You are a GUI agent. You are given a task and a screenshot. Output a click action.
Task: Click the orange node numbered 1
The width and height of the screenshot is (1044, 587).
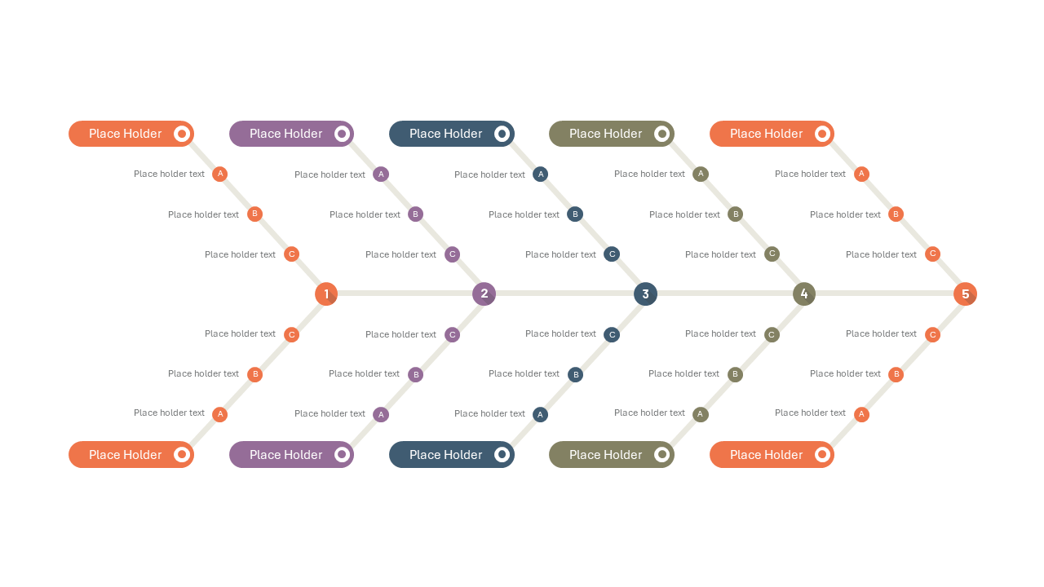[326, 294]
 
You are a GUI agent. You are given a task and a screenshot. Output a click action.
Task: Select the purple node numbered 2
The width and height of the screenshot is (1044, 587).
[484, 294]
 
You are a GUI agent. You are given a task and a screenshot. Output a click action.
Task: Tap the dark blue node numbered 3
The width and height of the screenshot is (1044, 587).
[645, 294]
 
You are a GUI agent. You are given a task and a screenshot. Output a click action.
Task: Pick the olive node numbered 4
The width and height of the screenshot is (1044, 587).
[804, 294]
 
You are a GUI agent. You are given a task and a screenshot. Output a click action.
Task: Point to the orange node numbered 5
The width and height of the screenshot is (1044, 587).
[965, 294]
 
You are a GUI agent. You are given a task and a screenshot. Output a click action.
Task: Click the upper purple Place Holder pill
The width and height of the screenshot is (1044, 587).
[292, 134]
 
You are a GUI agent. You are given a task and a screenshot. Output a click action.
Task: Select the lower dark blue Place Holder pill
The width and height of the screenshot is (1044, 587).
[452, 455]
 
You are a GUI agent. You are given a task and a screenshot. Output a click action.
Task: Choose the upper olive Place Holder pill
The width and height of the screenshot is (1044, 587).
[612, 134]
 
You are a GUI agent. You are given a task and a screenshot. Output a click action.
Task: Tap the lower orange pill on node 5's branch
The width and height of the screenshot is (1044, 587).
[772, 455]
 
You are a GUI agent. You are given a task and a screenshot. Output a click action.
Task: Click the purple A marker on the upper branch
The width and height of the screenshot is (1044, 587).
[381, 174]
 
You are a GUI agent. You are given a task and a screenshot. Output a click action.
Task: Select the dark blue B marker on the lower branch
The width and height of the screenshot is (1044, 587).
[576, 374]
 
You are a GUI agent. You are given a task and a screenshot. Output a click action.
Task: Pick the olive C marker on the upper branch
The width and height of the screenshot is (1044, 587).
[772, 254]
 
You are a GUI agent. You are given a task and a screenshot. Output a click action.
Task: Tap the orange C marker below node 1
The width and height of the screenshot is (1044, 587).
[292, 334]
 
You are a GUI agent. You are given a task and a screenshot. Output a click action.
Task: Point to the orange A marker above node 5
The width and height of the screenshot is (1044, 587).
[861, 174]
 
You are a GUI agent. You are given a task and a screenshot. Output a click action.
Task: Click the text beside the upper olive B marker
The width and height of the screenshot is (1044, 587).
[684, 214]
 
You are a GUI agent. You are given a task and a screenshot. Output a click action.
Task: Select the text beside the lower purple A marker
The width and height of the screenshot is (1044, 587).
[330, 413]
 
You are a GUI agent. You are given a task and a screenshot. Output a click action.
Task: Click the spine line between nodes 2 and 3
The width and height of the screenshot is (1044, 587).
[565, 293]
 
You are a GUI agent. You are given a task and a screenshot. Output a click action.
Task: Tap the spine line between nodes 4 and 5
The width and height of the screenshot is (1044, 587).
[885, 293]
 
